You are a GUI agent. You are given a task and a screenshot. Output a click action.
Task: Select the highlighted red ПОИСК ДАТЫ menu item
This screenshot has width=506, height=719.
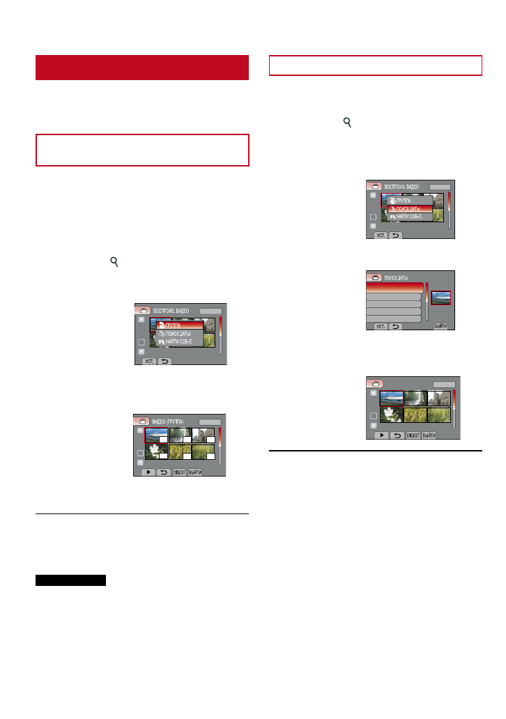409,208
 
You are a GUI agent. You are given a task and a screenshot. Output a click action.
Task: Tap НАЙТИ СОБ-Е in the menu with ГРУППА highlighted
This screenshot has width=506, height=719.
180,341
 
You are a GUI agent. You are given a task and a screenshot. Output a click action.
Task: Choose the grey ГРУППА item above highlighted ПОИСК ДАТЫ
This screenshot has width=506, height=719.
409,200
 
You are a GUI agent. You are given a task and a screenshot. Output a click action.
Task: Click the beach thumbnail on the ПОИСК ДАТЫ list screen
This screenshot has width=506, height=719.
440,298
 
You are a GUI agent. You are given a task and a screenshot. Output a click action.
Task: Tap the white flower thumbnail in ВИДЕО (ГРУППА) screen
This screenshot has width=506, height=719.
156,451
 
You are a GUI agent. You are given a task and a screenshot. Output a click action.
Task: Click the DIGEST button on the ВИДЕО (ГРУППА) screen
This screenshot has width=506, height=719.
179,471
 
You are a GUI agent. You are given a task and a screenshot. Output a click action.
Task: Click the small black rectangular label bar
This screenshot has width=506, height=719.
70,580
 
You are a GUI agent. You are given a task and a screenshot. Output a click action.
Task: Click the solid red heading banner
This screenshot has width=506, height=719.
142,68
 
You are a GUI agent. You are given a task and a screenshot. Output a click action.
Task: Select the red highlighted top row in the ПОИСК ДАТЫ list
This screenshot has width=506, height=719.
394,287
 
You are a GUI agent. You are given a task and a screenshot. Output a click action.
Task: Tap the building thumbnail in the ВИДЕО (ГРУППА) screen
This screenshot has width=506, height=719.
204,435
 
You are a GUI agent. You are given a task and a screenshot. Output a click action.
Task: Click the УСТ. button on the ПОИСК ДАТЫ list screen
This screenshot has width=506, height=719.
381,326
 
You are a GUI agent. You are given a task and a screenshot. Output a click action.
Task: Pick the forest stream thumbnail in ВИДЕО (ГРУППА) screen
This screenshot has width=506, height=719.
180,435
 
